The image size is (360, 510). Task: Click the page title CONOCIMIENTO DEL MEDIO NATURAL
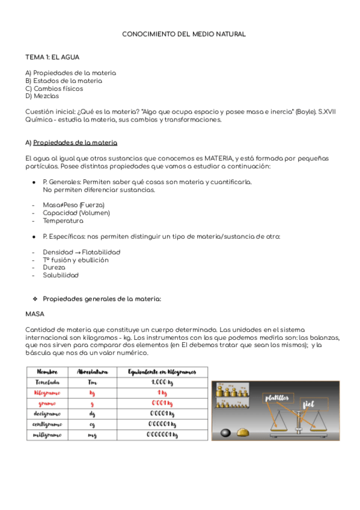coord(184,35)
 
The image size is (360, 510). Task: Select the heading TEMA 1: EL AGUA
coord(52,57)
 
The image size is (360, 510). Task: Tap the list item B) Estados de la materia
coord(64,81)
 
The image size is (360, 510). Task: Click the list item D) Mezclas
coord(42,96)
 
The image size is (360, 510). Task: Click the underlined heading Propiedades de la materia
coord(75,143)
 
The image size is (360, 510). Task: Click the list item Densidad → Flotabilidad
coord(81,252)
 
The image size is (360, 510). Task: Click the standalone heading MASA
coord(35,314)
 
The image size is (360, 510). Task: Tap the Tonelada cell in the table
coord(47,382)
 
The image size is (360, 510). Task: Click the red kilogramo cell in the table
coord(47,393)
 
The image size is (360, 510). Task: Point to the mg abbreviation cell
coord(92,435)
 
